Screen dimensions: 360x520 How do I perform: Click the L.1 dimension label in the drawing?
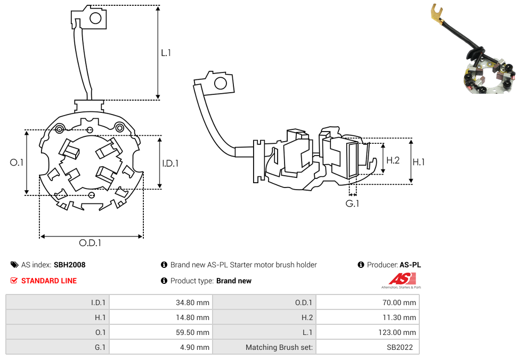166,53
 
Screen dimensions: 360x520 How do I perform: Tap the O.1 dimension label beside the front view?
17,162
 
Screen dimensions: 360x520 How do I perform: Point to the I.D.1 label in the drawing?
170,163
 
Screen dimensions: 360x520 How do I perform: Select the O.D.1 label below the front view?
90,243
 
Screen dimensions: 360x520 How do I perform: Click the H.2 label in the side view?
393,160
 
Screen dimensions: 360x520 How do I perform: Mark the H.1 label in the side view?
418,162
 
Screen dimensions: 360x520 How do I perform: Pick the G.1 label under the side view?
352,203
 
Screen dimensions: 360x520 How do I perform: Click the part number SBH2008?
69,265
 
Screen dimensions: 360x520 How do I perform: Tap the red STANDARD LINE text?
49,281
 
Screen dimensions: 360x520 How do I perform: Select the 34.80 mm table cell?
160,302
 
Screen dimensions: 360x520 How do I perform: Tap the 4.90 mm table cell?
160,347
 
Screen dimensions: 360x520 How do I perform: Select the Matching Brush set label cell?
264,347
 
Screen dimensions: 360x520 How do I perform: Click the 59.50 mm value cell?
160,332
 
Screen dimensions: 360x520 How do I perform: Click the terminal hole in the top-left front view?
96,19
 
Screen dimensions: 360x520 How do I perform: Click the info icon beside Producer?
361,265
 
